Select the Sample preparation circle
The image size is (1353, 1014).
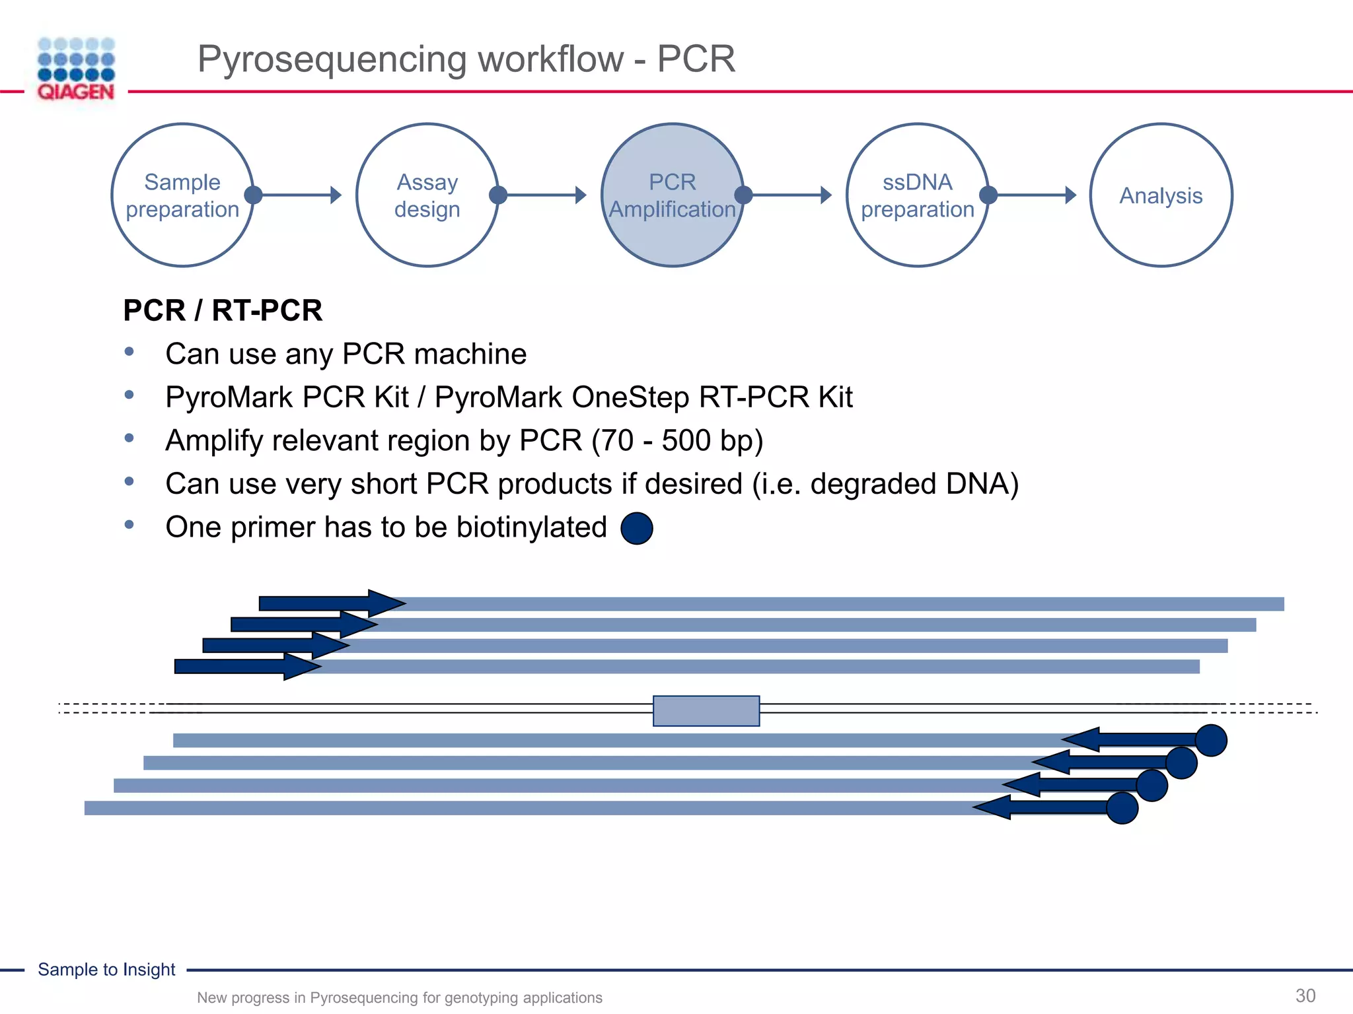pyautogui.click(x=182, y=195)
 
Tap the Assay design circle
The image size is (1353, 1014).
pyautogui.click(x=427, y=195)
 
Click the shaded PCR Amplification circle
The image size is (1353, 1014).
pyautogui.click(x=672, y=195)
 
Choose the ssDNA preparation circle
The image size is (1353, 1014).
pyautogui.click(x=917, y=195)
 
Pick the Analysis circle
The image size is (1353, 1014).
pyautogui.click(x=1161, y=195)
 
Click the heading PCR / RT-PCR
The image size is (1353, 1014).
pyautogui.click(x=223, y=310)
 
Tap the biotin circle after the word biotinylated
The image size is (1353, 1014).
pyautogui.click(x=637, y=528)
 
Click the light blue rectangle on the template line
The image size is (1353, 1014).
pyautogui.click(x=706, y=711)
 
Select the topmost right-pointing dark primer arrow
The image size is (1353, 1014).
pyautogui.click(x=330, y=603)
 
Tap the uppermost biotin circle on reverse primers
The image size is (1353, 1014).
pyautogui.click(x=1210, y=740)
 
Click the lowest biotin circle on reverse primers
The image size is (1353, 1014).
pyautogui.click(x=1122, y=808)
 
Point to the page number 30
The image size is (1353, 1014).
pyautogui.click(x=1305, y=996)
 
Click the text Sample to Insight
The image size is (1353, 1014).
pyautogui.click(x=106, y=969)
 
